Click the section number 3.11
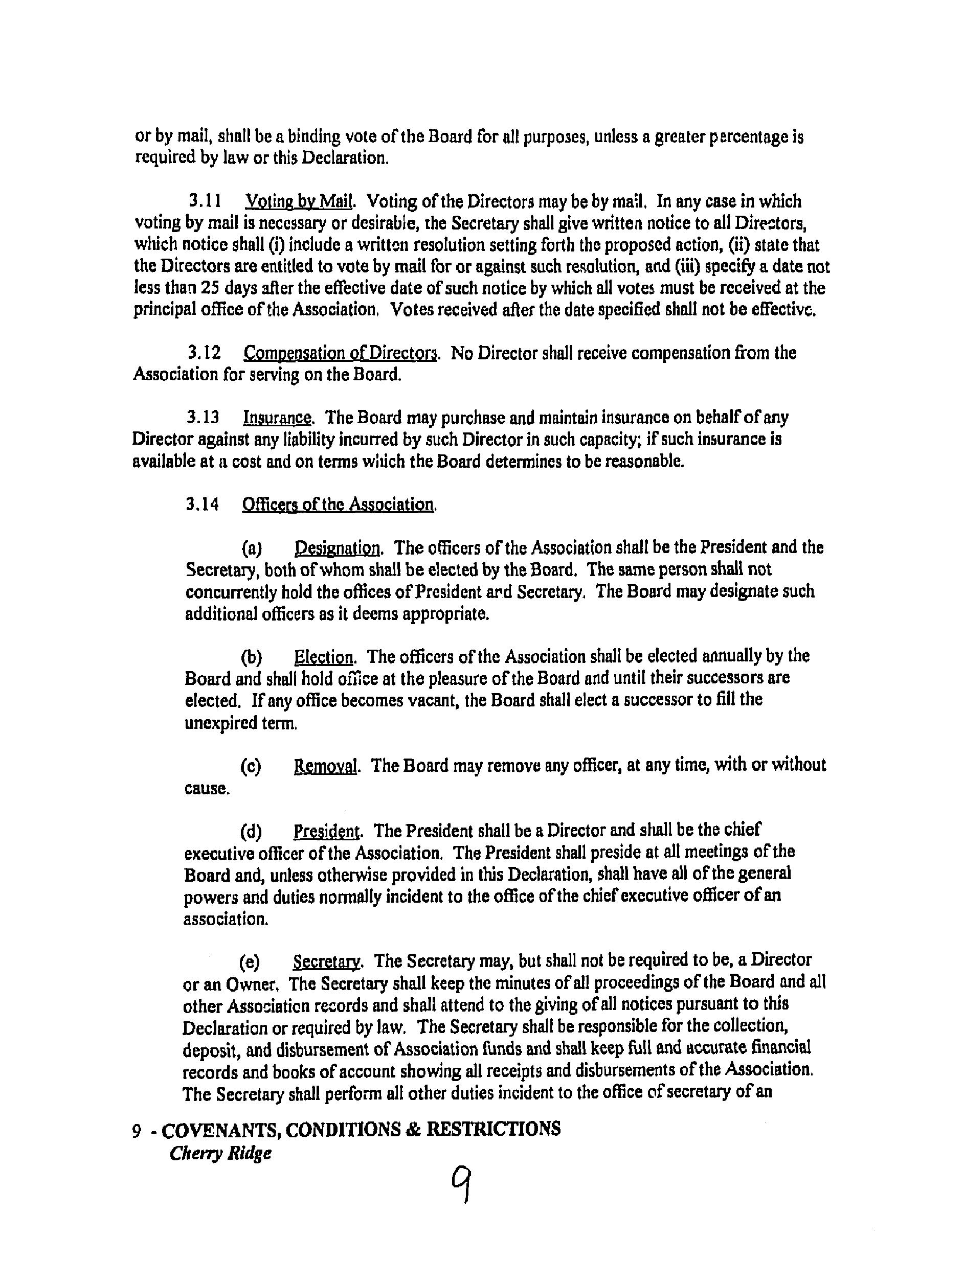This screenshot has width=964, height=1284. pyautogui.click(x=205, y=201)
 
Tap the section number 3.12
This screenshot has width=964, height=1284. pyautogui.click(x=205, y=353)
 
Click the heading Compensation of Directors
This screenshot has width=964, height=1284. pyautogui.click(x=340, y=353)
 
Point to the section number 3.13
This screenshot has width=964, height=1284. pyautogui.click(x=203, y=418)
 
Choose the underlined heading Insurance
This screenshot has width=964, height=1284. pyautogui.click(x=278, y=418)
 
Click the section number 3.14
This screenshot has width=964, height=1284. pyautogui.click(x=203, y=504)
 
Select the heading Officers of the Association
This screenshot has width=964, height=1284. pyautogui.click(x=338, y=504)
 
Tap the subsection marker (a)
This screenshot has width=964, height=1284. pyautogui.click(x=252, y=548)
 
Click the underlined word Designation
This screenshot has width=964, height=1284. pyautogui.click(x=338, y=548)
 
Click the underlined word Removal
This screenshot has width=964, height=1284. pyautogui.click(x=325, y=766)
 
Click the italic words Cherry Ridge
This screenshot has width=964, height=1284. pyautogui.click(x=221, y=1153)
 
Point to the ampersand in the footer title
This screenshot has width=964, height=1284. pyautogui.click(x=412, y=1129)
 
